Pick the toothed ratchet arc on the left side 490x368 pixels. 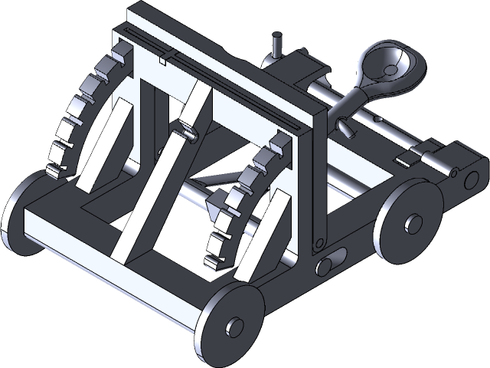point(77,115)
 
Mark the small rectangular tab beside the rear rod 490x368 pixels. point(406,159)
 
